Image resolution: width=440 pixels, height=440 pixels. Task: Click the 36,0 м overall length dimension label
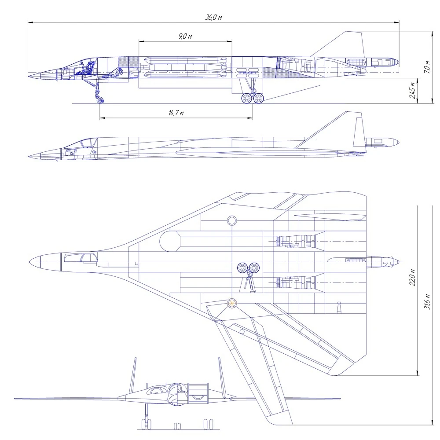point(213,18)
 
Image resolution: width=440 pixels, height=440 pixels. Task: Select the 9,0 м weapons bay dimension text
point(185,36)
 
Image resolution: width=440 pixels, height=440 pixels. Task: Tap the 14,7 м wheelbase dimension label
point(176,113)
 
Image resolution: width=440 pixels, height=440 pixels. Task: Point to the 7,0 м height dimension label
point(426,67)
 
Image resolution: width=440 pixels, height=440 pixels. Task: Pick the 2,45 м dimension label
point(412,90)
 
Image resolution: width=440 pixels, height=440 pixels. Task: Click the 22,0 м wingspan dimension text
point(412,277)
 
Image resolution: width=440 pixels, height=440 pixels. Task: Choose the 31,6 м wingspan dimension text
point(426,301)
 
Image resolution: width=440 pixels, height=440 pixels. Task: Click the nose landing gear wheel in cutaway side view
point(99,99)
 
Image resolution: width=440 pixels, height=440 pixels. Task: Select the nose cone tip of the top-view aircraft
point(29,262)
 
